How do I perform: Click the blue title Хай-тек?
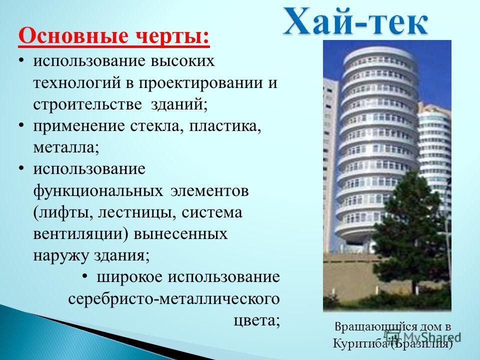coord(355,22)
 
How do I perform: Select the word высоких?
coord(182,61)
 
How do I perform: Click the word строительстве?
coord(87,104)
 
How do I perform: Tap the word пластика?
coord(225,126)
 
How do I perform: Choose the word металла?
coord(66,147)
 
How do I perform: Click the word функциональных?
coord(98,191)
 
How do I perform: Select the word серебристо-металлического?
coord(174,299)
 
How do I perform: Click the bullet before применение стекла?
coord(21,126)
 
